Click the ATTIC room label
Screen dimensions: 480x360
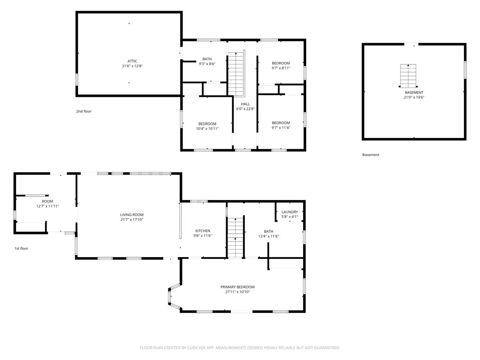[132, 61]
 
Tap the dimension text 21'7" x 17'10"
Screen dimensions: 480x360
[132, 220]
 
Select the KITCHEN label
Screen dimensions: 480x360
[203, 231]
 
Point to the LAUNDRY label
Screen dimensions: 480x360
[290, 212]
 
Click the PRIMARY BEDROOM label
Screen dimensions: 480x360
[238, 287]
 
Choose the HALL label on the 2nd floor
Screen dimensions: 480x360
[245, 104]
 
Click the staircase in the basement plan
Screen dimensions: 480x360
[408, 76]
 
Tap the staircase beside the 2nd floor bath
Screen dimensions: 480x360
[236, 73]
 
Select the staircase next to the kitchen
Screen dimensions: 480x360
[235, 238]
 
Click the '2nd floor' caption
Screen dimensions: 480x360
[84, 111]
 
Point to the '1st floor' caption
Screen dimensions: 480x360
[21, 248]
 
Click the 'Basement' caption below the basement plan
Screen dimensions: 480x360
[371, 155]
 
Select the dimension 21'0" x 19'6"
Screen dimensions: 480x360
[414, 97]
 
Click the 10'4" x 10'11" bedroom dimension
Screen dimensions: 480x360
[207, 128]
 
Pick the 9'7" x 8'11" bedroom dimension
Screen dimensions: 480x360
[281, 68]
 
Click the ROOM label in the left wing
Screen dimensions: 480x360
[48, 201]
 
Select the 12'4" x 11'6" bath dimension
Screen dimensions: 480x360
[268, 236]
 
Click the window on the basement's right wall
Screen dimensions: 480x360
[465, 70]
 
